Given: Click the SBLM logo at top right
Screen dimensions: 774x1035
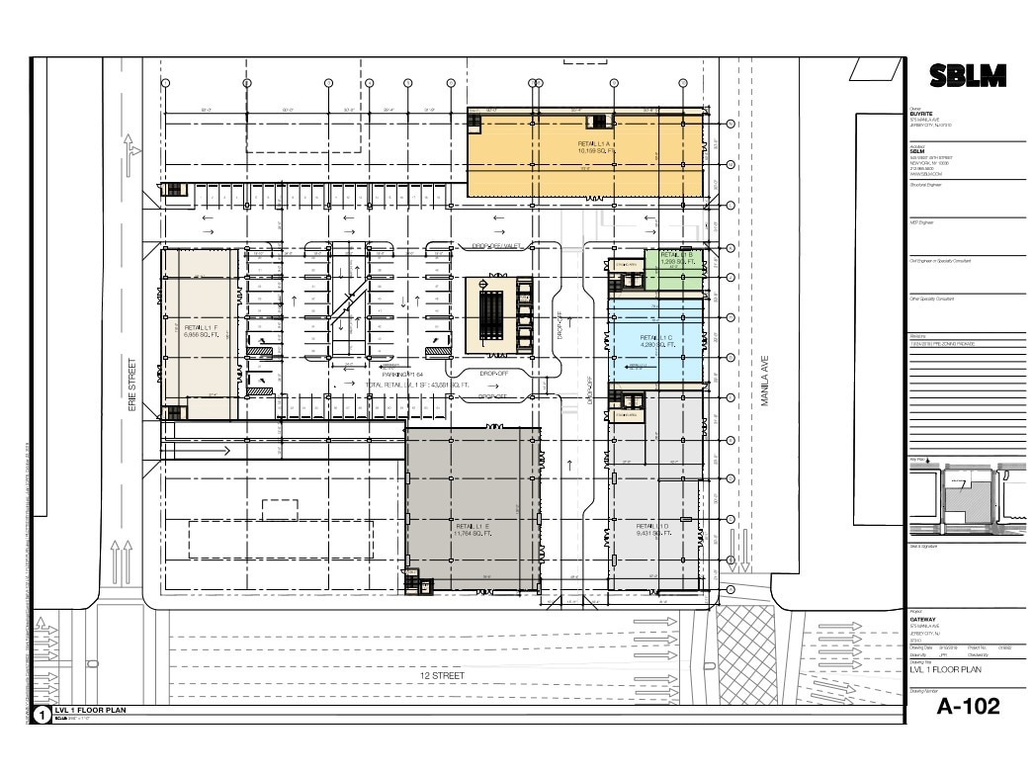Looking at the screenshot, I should pyautogui.click(x=968, y=75).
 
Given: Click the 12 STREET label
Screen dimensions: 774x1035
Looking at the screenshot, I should pyautogui.click(x=441, y=675).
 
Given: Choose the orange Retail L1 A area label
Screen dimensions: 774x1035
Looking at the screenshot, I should pyautogui.click(x=596, y=148).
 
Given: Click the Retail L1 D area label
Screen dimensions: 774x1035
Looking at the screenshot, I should pyautogui.click(x=653, y=529).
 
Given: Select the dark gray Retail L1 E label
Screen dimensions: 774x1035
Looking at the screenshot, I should pyautogui.click(x=473, y=529).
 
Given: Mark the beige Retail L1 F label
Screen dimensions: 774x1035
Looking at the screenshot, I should pyautogui.click(x=201, y=330).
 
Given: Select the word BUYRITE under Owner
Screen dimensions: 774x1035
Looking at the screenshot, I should pyautogui.click(x=920, y=114).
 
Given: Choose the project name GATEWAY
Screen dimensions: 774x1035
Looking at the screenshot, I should pyautogui.click(x=921, y=620).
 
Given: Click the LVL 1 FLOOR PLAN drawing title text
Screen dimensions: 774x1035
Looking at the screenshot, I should pyautogui.click(x=946, y=670).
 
